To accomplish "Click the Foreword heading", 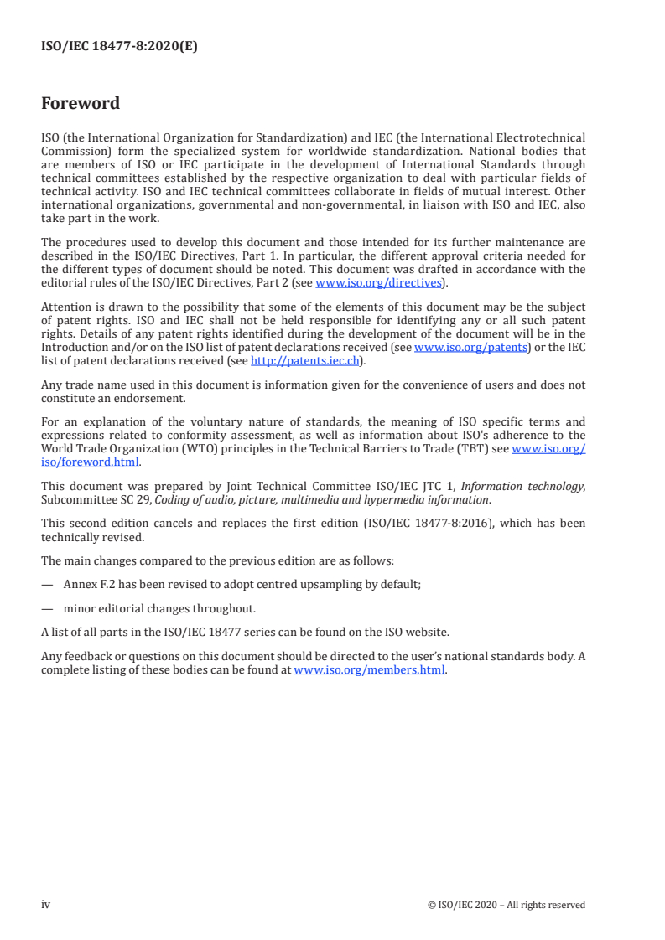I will click(81, 104).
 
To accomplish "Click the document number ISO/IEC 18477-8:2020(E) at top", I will click(119, 47).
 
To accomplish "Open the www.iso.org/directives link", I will click(377, 283).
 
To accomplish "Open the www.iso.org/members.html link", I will click(369, 670).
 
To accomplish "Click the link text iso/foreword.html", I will click(91, 462).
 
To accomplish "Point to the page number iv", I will click(46, 904).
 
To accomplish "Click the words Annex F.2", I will click(91, 585).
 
